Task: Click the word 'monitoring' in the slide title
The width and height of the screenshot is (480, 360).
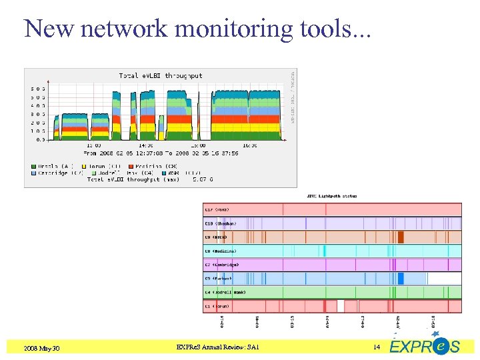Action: point(226,29)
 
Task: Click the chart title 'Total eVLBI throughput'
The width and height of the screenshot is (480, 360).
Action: point(161,76)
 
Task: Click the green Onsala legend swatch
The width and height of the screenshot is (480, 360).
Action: point(33,165)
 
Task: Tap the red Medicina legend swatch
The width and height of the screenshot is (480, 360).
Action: point(131,165)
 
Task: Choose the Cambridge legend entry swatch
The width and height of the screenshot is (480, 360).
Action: point(33,172)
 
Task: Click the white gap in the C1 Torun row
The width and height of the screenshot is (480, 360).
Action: point(341,306)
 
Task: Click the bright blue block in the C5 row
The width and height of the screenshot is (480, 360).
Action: point(401,279)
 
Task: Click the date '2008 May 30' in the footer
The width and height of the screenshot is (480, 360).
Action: point(41,347)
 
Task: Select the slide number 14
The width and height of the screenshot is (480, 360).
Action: point(376,347)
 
